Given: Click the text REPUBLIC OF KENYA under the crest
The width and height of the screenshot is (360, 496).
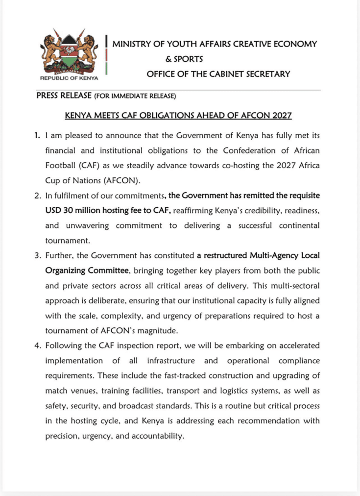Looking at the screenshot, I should (x=69, y=78).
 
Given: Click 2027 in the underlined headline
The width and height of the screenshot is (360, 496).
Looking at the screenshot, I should (x=281, y=116).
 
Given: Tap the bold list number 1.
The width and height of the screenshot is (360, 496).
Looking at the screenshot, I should (x=37, y=135).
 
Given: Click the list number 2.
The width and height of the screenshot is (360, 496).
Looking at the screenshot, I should (x=37, y=196).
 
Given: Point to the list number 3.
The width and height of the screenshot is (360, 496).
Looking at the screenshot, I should (x=37, y=256).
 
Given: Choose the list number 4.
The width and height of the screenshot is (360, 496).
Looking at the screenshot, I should (x=37, y=346).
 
